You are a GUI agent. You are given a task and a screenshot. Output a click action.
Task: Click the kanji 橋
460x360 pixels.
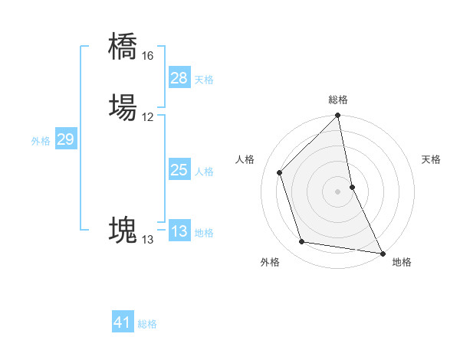[x=123, y=46]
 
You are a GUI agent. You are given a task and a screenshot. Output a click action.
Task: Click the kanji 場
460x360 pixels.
[x=123, y=108]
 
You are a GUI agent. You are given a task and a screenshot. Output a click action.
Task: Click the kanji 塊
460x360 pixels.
[x=123, y=230]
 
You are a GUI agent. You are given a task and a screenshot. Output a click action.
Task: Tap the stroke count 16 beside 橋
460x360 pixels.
[x=147, y=56]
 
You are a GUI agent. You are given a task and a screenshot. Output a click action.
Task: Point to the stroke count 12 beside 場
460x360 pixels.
[x=147, y=117]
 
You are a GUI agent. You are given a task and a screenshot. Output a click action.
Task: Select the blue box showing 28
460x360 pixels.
[x=179, y=78]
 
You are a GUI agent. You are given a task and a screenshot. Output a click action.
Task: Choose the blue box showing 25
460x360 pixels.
[x=179, y=170]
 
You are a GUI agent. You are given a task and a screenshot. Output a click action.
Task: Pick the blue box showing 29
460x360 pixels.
[x=65, y=139]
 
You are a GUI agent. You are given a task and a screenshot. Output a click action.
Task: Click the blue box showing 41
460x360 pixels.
[x=123, y=322]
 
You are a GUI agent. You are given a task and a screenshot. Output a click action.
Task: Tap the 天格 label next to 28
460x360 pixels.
[x=204, y=80]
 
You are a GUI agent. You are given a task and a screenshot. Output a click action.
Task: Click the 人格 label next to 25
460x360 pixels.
[x=204, y=172]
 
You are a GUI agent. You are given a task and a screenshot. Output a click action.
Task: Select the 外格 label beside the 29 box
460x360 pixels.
[x=41, y=141]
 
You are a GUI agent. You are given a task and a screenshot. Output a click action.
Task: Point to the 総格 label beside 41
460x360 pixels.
[x=147, y=324]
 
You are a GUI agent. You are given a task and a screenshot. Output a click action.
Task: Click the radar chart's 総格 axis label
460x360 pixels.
[x=338, y=100]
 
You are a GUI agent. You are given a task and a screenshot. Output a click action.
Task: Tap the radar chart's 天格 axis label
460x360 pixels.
[x=432, y=159]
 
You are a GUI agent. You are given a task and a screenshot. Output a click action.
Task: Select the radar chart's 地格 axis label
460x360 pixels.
[x=402, y=262]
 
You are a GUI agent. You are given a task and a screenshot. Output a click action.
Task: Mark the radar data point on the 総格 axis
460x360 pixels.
[x=338, y=116]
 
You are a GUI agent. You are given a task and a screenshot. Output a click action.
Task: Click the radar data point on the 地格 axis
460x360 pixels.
[x=382, y=252]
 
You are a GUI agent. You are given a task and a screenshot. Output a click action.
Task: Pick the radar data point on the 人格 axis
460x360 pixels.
[x=280, y=172]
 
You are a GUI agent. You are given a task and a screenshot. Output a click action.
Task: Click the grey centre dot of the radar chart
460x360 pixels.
[x=338, y=191]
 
